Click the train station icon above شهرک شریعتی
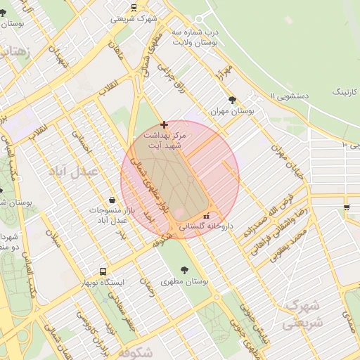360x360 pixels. point(134,8)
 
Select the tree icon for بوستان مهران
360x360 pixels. point(232,100)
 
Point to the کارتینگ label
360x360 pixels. point(345,91)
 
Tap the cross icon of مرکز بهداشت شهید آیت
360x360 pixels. point(165,124)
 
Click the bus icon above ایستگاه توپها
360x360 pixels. point(103,271)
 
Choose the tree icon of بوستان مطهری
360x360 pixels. point(184,270)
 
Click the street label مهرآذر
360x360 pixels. point(224,75)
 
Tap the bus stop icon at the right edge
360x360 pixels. point(347,207)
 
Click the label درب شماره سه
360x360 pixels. point(217,32)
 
